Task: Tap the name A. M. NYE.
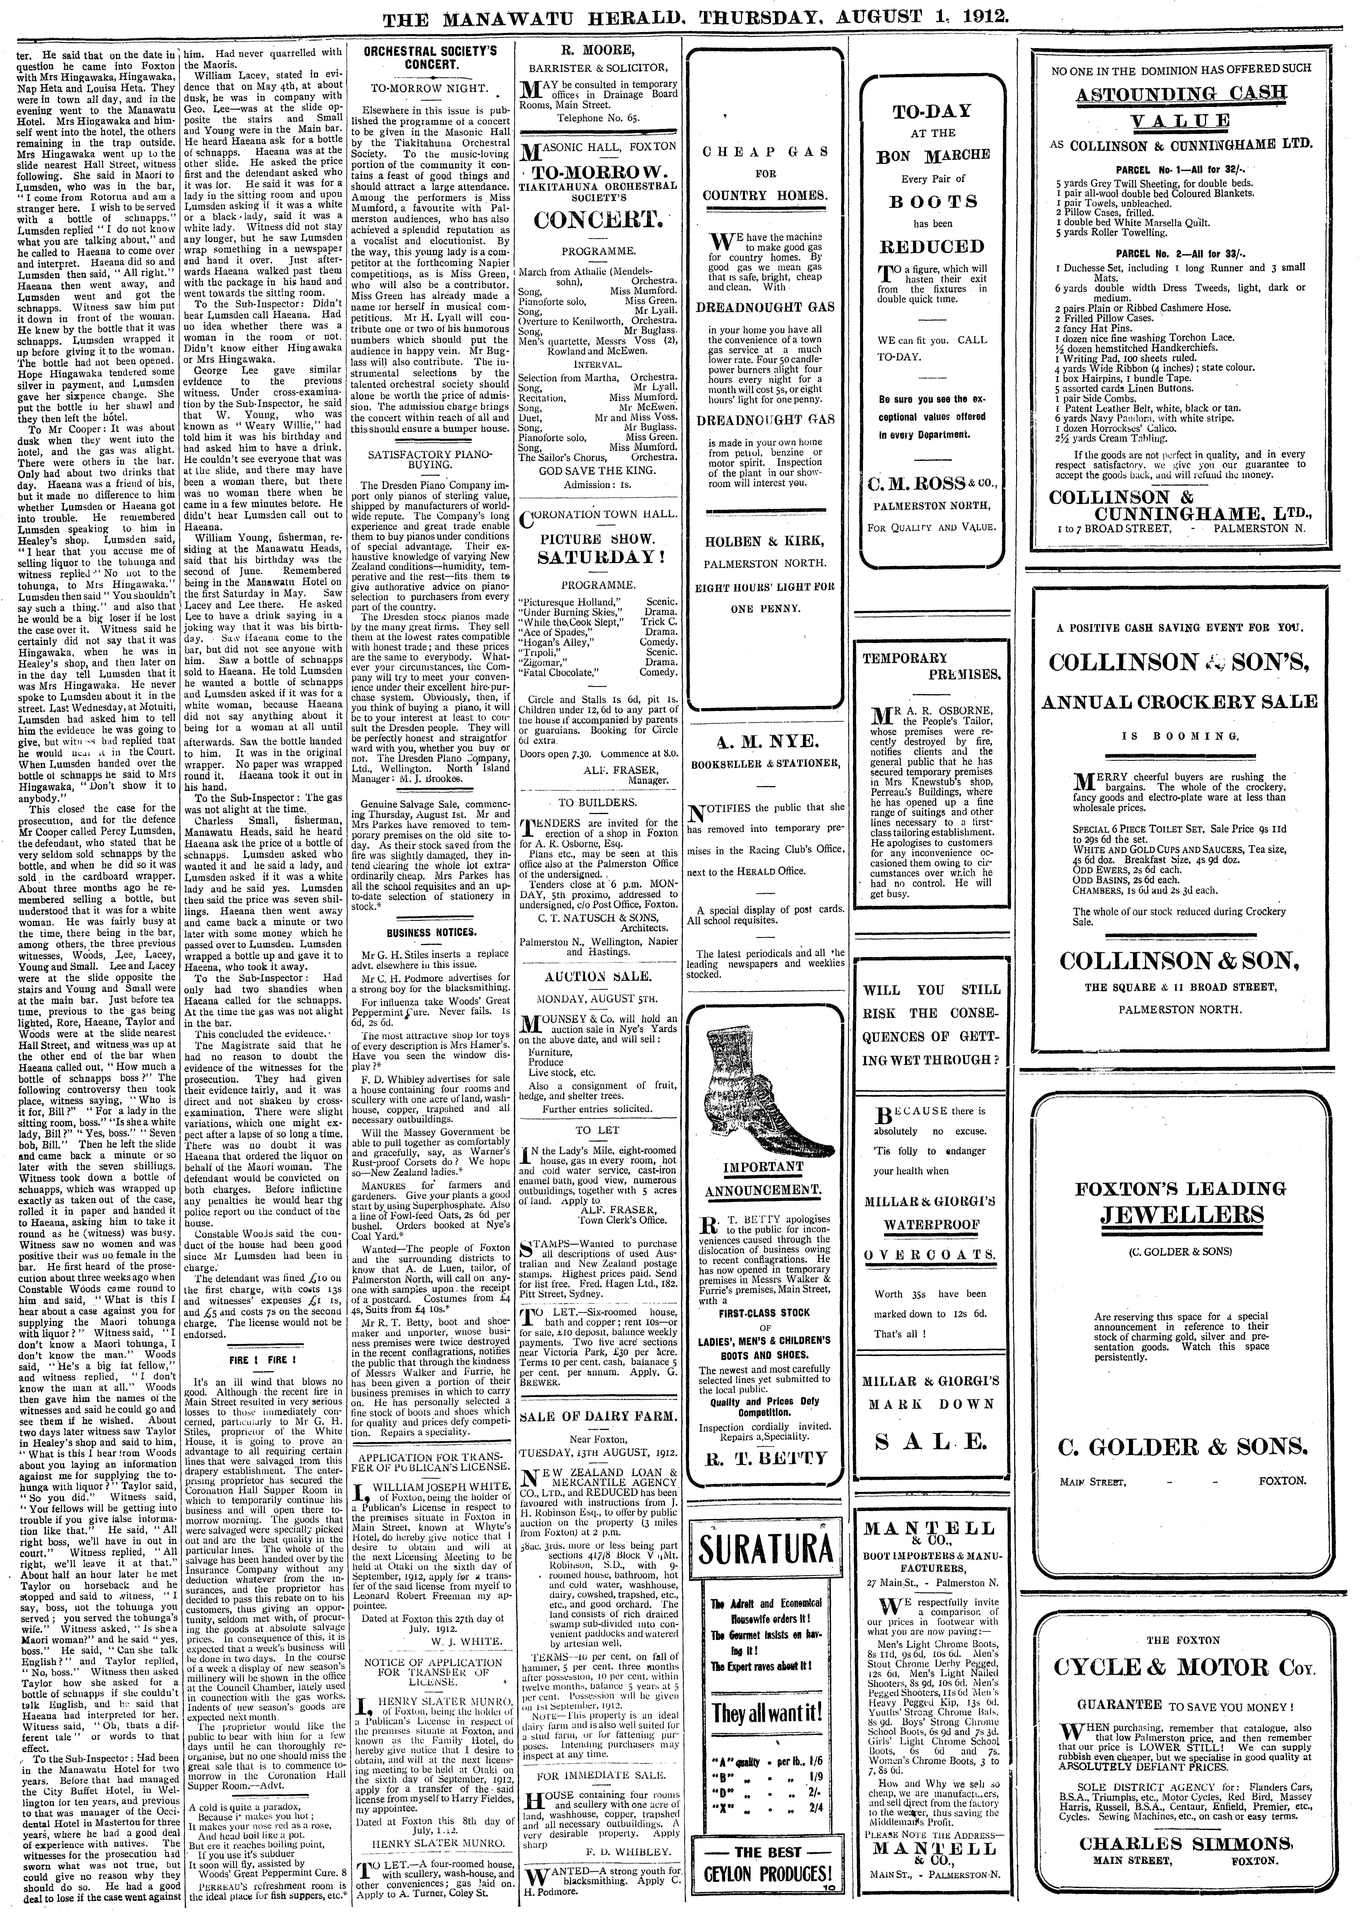pyautogui.click(x=765, y=743)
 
